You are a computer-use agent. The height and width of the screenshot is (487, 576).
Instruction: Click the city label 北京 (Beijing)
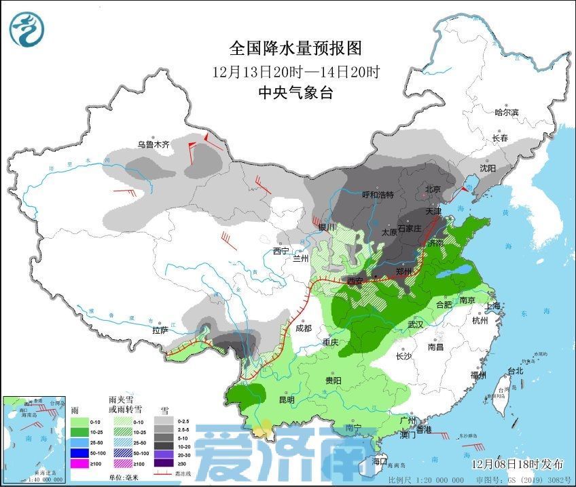click(433, 189)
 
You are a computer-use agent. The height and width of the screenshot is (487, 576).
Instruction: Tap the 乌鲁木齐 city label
click(153, 144)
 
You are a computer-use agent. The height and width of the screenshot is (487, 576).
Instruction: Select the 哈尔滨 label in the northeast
click(506, 113)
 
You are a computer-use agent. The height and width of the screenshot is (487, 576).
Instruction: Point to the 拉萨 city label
click(160, 330)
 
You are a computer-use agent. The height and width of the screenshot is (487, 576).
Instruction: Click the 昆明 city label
click(287, 400)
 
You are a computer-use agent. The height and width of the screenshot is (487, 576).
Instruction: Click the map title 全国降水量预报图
click(295, 49)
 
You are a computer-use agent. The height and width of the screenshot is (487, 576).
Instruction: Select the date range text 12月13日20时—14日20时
click(295, 71)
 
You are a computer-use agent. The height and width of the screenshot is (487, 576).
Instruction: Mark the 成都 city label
click(303, 328)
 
